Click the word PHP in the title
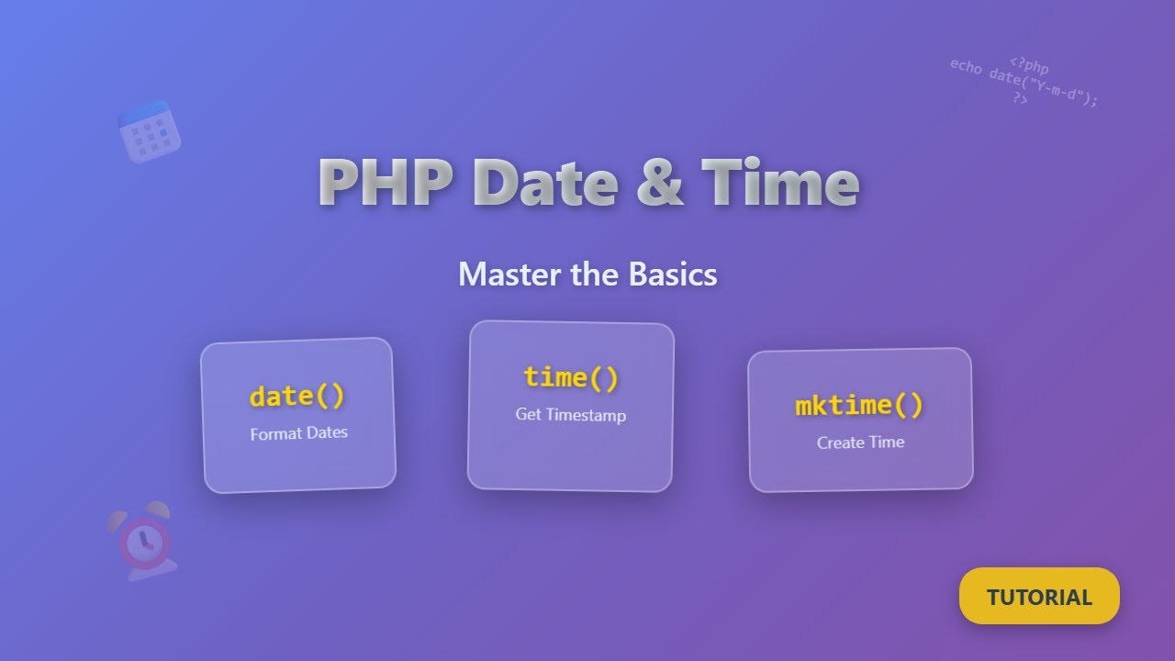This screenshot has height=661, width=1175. pos(386,183)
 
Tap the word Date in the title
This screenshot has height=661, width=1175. pos(547,183)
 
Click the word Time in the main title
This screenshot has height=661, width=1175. pos(780,183)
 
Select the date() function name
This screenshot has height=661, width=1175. pos(297,396)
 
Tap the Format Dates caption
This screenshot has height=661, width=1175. pos(299,433)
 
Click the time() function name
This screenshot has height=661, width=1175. pos(571,377)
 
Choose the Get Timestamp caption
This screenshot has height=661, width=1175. pos(571,415)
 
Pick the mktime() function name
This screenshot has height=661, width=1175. pos(859,405)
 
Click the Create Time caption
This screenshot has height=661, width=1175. pos(860,443)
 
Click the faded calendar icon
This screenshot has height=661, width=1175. pos(149,132)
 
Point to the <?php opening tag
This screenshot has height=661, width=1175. pos(1029,66)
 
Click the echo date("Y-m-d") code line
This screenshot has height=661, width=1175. pos(1024,84)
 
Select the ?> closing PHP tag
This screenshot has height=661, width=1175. pos(1020,98)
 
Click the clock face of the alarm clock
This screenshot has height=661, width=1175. pos(144,543)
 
